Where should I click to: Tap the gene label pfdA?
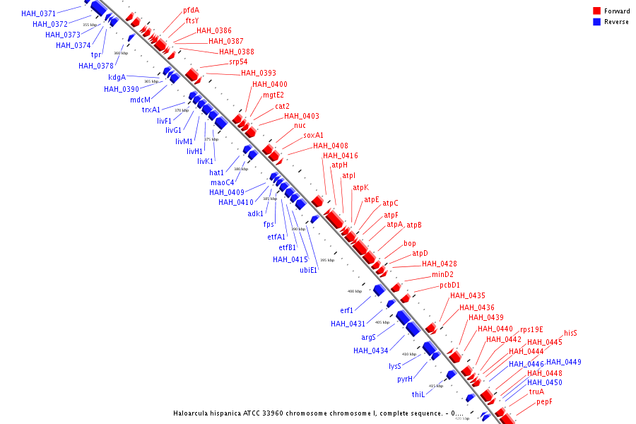(191, 10)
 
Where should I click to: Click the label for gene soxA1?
(314, 135)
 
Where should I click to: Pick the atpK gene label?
(361, 187)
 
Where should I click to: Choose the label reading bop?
(410, 243)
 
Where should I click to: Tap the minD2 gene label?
(442, 274)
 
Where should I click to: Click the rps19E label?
(531, 329)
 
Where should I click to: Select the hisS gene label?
(570, 333)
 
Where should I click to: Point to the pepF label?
(544, 401)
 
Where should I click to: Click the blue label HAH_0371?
(38, 13)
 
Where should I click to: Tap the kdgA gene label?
(117, 78)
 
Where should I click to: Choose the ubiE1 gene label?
(309, 270)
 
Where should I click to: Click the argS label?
(368, 337)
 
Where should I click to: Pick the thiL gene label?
(418, 394)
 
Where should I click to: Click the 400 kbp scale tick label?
(354, 291)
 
